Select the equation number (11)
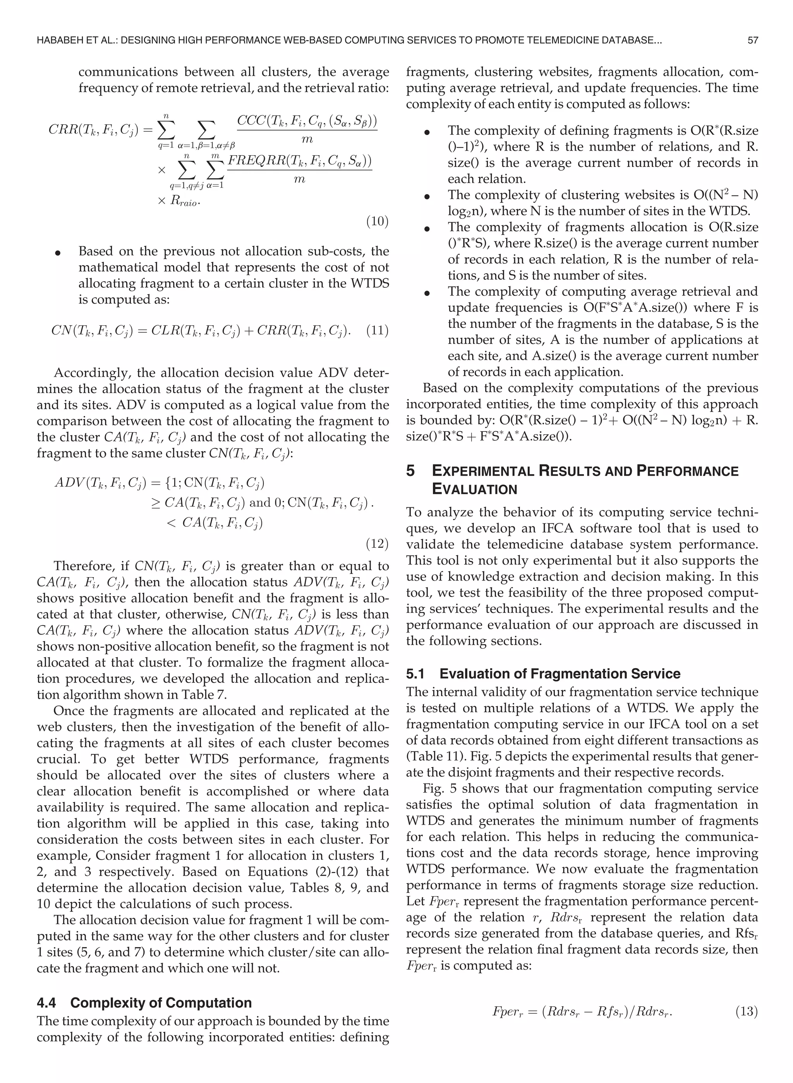coord(377,331)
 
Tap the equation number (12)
coord(377,544)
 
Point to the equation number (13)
coord(747,1011)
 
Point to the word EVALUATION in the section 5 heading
coord(474,490)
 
